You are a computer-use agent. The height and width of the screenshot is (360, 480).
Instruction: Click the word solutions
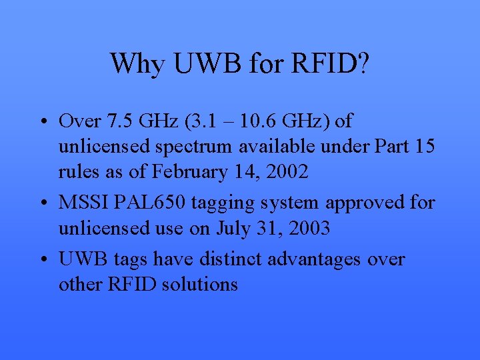(x=199, y=284)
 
